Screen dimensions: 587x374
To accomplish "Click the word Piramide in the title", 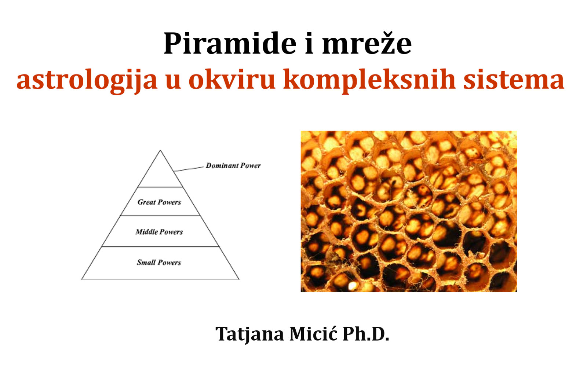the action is pos(230,43).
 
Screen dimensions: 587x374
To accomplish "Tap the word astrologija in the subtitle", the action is pos(87,80).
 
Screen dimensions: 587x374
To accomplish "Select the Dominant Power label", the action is pos(233,165).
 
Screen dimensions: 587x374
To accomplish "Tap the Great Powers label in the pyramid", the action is pos(159,202).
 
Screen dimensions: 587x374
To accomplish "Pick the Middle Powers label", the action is pos(159,232).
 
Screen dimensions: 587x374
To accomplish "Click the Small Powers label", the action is pos(159,263).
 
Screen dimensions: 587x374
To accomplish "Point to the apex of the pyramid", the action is pos(160,150).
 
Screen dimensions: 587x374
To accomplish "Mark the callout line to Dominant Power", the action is pos(189,169).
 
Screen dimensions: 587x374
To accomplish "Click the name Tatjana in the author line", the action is pos(250,334).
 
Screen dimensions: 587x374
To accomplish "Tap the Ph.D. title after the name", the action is pos(366,334).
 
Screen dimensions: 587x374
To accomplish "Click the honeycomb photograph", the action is pos(409,211).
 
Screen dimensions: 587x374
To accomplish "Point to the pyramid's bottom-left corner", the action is pos(82,279).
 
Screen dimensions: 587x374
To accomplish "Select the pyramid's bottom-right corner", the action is pos(239,279).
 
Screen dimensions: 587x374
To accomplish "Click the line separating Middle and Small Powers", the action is pos(160,246).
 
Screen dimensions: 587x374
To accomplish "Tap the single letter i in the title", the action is pos(309,43).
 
